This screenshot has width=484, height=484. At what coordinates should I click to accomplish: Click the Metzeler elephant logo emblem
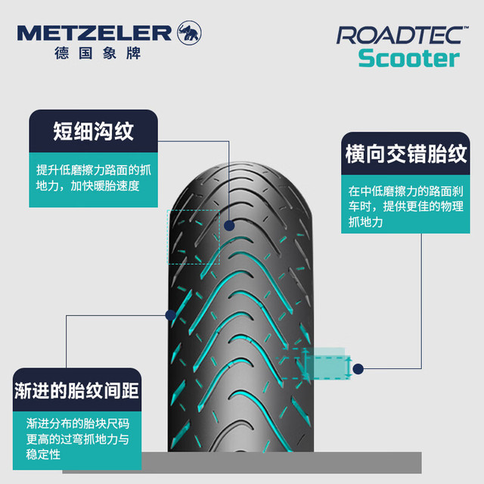189,33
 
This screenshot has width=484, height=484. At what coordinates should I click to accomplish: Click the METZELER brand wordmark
94,33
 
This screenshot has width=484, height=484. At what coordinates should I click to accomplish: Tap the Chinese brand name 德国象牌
98,53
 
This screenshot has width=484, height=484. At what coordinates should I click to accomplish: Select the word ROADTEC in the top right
399,36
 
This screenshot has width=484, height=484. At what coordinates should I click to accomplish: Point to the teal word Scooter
409,58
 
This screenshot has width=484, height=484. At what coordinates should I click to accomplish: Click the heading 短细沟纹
93,131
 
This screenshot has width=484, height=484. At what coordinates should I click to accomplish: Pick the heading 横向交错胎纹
405,154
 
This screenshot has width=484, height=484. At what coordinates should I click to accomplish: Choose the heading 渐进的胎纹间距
76,390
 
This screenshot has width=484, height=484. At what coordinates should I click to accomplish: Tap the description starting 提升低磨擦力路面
94,178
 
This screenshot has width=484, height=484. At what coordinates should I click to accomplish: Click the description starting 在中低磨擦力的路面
405,206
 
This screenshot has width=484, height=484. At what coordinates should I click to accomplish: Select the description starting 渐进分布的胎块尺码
77,439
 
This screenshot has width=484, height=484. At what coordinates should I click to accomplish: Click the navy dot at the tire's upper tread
229,225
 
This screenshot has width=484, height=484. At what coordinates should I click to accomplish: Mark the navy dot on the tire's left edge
171,315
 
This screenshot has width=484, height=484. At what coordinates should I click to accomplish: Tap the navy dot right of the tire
358,369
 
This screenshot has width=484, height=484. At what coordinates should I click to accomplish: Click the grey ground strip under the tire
242,462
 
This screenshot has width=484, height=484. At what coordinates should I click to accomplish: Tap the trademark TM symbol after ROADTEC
466,27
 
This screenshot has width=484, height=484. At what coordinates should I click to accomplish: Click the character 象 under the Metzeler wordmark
110,53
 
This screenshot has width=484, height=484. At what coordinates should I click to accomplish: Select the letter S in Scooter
365,58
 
